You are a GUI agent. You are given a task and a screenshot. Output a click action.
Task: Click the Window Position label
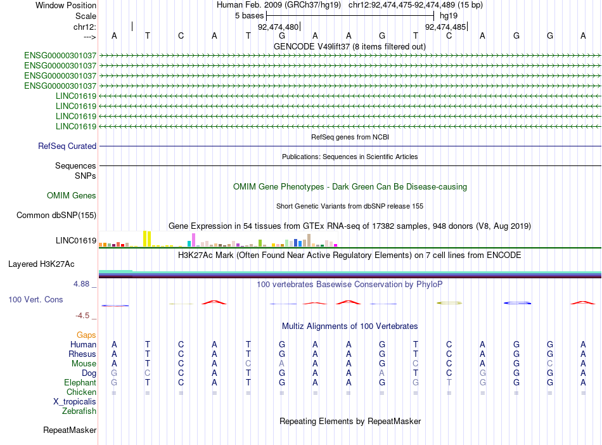coord(66,5)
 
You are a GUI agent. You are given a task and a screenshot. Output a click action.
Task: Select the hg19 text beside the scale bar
coord(449,15)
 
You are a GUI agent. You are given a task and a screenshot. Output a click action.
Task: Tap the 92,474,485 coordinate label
coord(445,27)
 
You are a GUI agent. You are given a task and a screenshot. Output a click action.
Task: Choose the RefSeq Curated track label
coord(67,146)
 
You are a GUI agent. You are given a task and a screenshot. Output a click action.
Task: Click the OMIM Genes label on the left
coord(72,196)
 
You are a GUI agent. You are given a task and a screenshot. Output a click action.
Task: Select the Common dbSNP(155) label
coord(56,216)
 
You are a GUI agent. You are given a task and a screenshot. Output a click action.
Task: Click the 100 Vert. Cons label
coord(35,299)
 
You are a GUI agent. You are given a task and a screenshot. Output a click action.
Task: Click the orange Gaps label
coord(86,335)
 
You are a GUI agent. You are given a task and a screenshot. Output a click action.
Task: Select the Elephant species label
coord(80,383)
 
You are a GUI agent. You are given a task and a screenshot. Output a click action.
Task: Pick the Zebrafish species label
coord(79,411)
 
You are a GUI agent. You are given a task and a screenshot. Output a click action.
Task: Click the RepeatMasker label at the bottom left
coord(70,430)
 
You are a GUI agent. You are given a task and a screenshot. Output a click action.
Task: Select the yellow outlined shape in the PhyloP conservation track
coord(449,303)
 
